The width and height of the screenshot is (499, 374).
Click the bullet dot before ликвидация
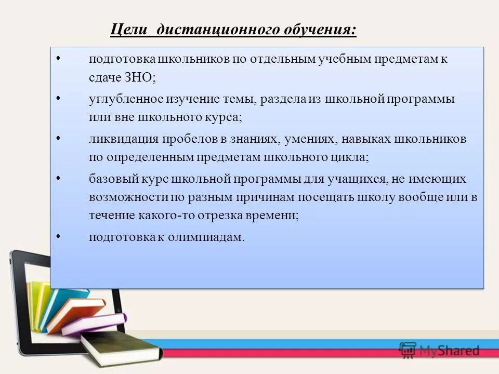tap(58, 138)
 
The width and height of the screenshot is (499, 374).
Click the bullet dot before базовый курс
tap(58, 178)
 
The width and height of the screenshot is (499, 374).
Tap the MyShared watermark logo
tap(439, 351)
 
